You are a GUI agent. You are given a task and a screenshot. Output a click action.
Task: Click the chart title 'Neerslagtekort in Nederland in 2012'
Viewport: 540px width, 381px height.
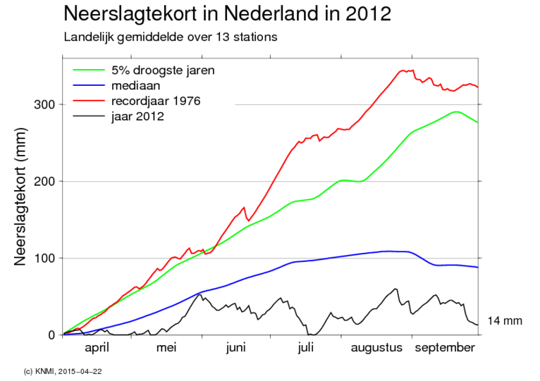click(x=227, y=14)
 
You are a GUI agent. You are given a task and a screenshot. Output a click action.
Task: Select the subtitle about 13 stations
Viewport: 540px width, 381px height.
click(x=171, y=37)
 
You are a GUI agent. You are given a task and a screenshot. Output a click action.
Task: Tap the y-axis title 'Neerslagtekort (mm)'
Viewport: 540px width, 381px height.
click(x=20, y=196)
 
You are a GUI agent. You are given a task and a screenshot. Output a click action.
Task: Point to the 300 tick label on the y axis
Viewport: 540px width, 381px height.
click(x=44, y=104)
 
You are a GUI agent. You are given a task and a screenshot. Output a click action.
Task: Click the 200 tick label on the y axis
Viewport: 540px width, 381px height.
click(x=44, y=182)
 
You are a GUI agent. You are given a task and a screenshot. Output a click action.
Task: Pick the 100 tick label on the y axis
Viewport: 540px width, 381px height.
click(x=44, y=258)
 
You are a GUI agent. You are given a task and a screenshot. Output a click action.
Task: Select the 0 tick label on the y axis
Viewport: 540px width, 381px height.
click(x=51, y=335)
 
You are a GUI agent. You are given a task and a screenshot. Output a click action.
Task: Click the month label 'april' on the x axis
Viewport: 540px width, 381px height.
click(x=97, y=348)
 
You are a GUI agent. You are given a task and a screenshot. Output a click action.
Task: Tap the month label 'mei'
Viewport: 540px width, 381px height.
click(x=166, y=348)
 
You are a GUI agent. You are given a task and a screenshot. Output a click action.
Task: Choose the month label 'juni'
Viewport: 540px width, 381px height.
click(x=236, y=348)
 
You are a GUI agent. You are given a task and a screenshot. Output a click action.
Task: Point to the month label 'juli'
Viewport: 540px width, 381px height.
click(x=306, y=348)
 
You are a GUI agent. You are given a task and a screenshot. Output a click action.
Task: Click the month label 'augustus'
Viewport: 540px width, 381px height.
click(x=376, y=349)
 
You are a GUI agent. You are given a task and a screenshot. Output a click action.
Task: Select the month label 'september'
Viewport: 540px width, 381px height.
click(x=445, y=349)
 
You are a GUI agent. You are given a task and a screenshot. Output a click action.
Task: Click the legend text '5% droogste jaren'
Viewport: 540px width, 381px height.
click(x=163, y=70)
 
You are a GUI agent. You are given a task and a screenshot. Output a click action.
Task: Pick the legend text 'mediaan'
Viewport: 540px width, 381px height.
click(x=135, y=85)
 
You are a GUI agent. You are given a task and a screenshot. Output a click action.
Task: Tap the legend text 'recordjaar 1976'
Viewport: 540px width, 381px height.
click(x=156, y=101)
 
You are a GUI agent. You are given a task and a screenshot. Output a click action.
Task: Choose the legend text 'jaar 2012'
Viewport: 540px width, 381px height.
click(x=137, y=117)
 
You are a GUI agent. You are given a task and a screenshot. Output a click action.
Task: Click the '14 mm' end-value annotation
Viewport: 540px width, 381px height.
click(x=505, y=320)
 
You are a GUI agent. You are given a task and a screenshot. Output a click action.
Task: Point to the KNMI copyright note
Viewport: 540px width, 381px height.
click(x=62, y=372)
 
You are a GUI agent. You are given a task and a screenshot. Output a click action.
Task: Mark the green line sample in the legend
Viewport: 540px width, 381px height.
click(x=89, y=70)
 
